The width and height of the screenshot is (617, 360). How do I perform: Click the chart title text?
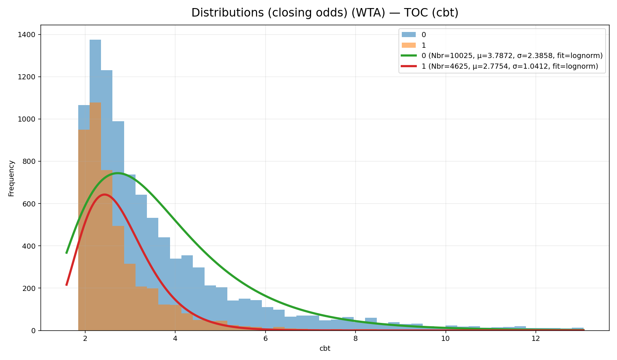point(325,13)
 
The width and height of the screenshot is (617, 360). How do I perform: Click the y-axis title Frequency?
point(11,178)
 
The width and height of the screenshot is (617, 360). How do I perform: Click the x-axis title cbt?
point(325,349)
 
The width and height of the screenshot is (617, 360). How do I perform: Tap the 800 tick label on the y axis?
point(29,161)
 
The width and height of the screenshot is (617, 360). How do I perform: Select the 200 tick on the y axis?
point(29,288)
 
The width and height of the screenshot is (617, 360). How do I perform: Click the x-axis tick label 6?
point(265,339)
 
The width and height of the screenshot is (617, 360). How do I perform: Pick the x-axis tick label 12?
point(535,339)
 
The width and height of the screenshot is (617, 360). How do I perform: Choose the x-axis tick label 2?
point(85,339)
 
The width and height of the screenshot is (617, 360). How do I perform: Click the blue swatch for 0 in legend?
point(408,35)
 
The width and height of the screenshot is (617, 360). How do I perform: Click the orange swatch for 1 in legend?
point(408,45)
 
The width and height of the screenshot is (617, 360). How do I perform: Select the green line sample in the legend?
point(408,56)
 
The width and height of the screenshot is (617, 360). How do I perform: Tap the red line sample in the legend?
point(408,66)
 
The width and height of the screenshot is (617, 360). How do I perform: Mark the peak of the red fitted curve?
point(105,195)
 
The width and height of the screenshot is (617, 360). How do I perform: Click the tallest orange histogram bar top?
point(95,103)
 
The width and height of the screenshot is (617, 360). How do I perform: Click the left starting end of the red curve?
point(66,285)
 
